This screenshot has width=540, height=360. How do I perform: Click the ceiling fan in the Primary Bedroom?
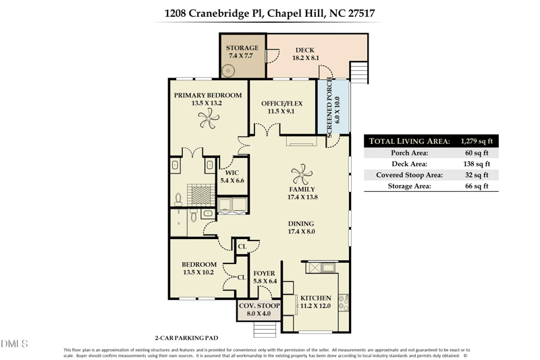pyautogui.click(x=207, y=120)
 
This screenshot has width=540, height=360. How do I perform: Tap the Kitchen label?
pyautogui.click(x=315, y=298)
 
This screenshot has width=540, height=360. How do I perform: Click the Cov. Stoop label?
pyautogui.click(x=259, y=306)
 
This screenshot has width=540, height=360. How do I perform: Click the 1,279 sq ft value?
pyautogui.click(x=477, y=141)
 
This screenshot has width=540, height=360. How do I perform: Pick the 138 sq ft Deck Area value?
pyautogui.click(x=477, y=163)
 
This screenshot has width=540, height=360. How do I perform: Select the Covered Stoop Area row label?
pyautogui.click(x=410, y=174)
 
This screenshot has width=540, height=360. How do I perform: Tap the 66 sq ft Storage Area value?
pyautogui.click(x=480, y=186)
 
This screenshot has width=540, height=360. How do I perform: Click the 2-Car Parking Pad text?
pyautogui.click(x=186, y=336)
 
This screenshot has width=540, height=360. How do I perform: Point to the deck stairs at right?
pyautogui.click(x=359, y=72)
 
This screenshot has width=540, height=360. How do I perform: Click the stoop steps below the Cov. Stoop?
pyautogui.click(x=264, y=328)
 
